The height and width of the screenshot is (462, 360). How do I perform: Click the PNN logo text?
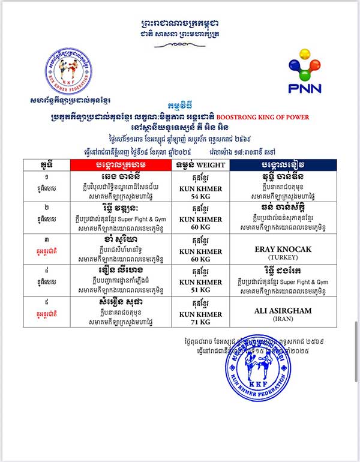(x=304, y=88)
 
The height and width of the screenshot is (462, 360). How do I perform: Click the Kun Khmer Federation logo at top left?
(x=67, y=71)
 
